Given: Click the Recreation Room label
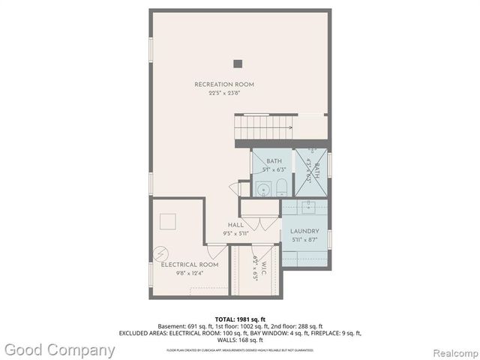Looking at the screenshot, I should click(x=224, y=85).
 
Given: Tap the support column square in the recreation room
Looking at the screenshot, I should click(x=238, y=64).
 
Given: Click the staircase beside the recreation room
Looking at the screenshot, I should click(x=262, y=127).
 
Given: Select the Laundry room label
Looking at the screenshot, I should click(x=304, y=231).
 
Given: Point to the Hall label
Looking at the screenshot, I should click(x=235, y=224).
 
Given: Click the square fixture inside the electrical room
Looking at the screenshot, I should click(x=168, y=220).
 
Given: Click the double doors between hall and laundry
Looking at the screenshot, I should click(x=257, y=224).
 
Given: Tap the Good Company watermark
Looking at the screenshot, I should click(x=60, y=349).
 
